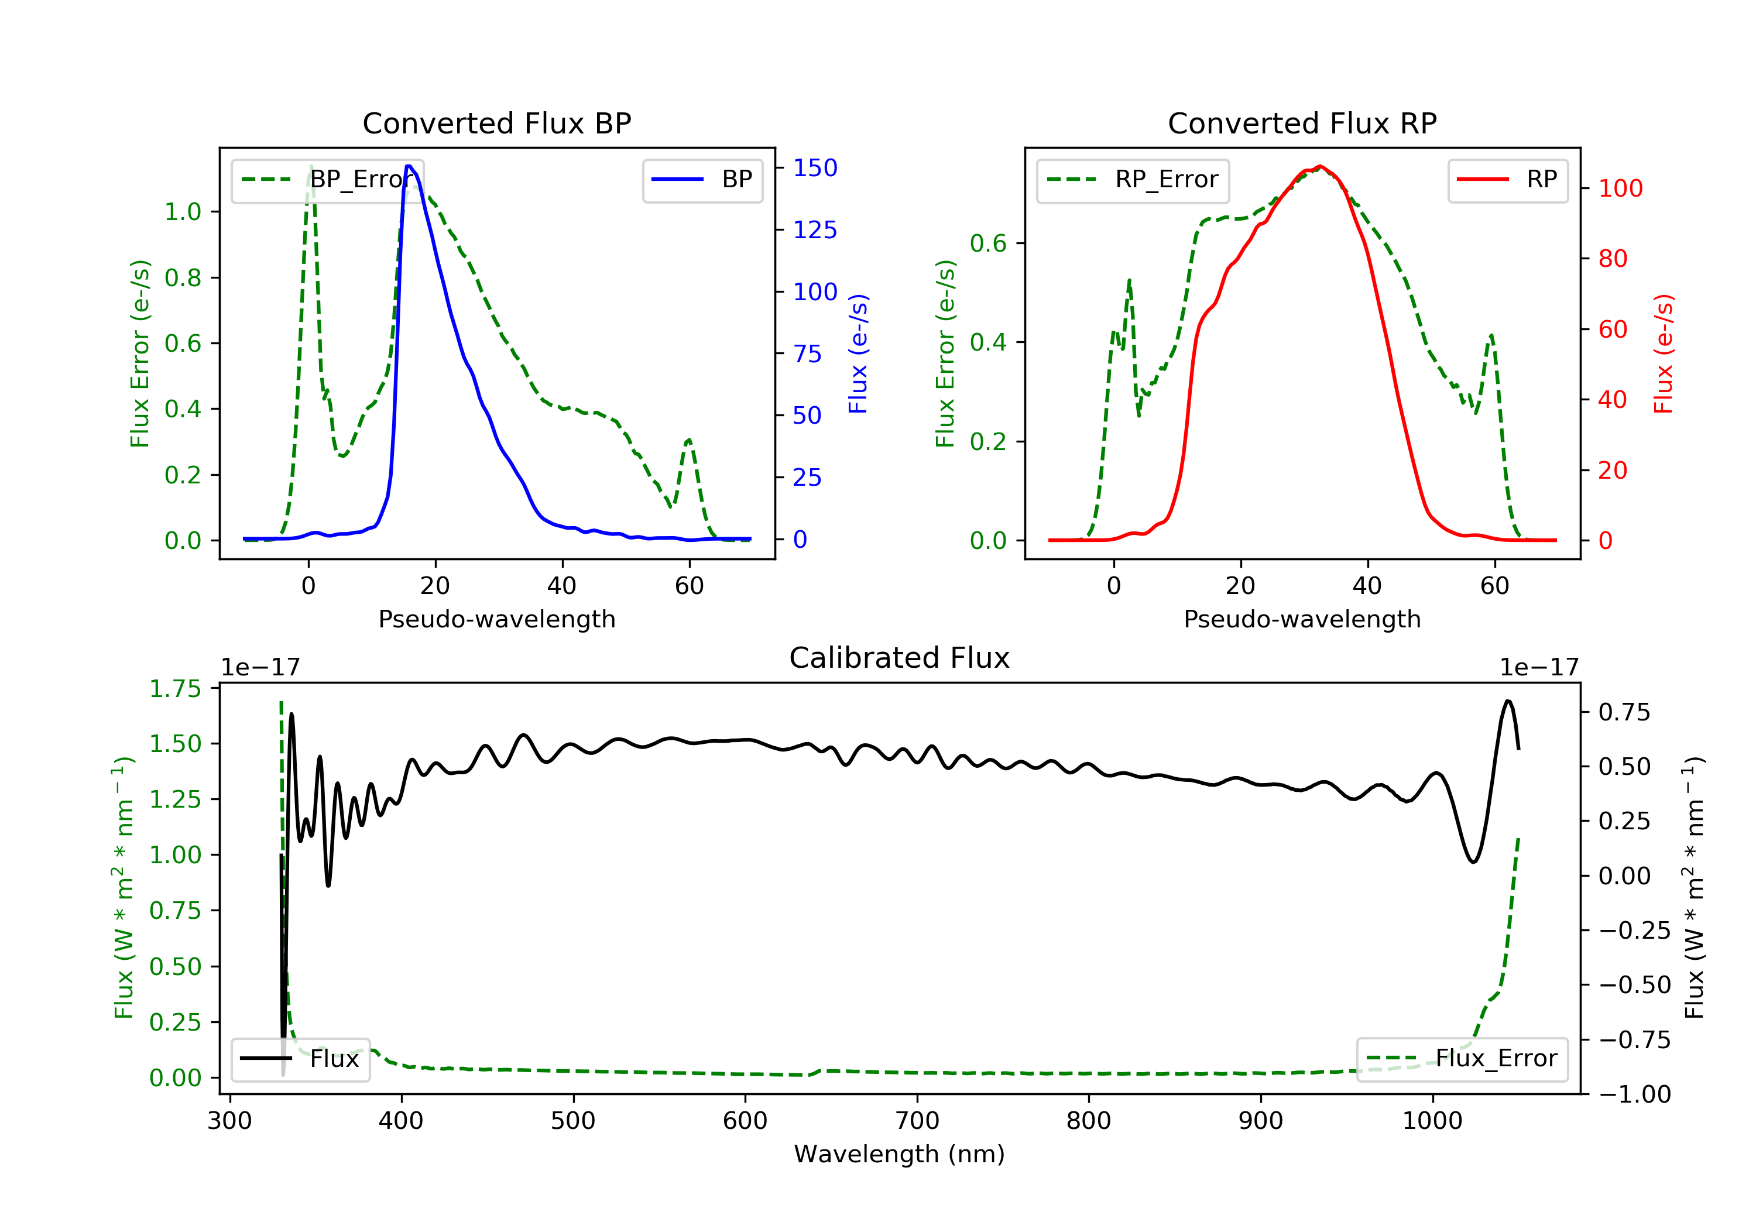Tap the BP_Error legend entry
(327, 180)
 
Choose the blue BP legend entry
(702, 180)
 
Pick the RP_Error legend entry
(1133, 180)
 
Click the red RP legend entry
(1507, 180)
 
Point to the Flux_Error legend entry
(1462, 1059)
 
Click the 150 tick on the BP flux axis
(815, 168)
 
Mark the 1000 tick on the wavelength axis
(1432, 1121)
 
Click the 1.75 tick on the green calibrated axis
(175, 689)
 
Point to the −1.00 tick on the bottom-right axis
(1634, 1094)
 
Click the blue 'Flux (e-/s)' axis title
(858, 354)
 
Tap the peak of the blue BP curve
(409, 166)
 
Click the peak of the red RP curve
(1320, 167)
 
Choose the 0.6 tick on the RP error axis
(987, 244)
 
